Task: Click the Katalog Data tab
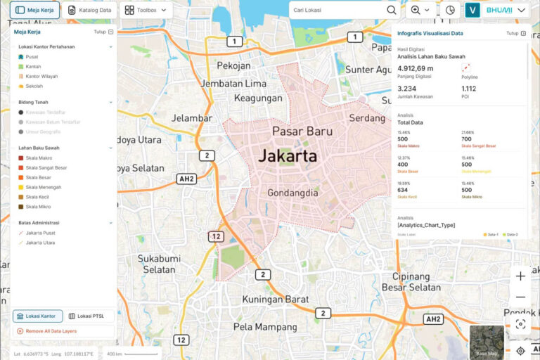[x=89, y=11]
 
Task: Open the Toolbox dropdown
[x=146, y=11]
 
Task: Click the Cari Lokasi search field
[x=337, y=10]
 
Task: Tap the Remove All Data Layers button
[x=63, y=330]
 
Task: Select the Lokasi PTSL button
[x=90, y=316]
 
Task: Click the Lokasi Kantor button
[x=38, y=316]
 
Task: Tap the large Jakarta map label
[x=288, y=156]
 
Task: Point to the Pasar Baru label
[x=302, y=131]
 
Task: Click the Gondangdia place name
[x=293, y=193]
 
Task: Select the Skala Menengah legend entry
[x=43, y=187]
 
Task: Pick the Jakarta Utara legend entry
[x=40, y=243]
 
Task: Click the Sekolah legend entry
[x=33, y=86]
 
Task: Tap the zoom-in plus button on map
[x=520, y=276]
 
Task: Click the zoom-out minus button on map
[x=520, y=297]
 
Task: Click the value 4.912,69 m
[x=416, y=68]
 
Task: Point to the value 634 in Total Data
[x=402, y=189]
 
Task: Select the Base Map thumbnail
[x=487, y=342]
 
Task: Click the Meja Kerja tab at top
[x=34, y=11]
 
